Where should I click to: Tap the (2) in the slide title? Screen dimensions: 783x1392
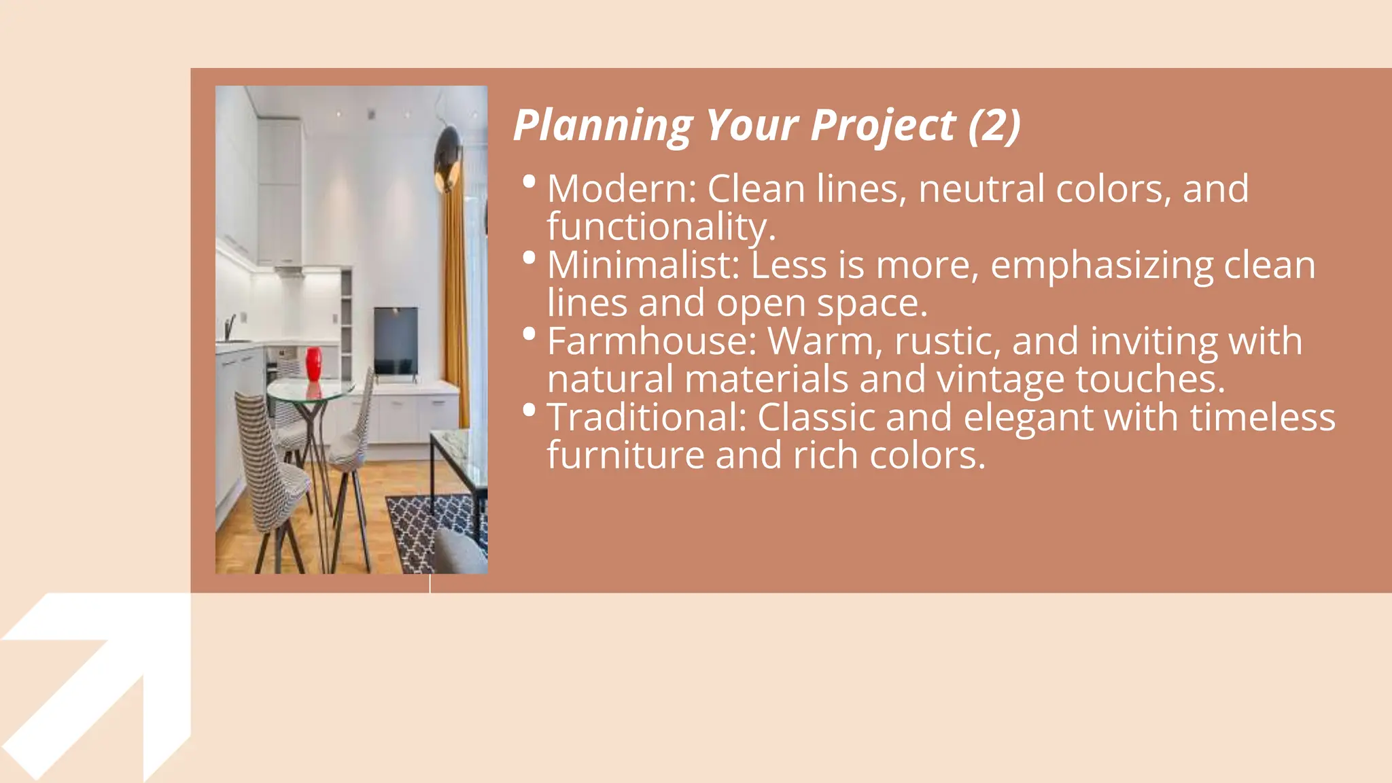point(994,126)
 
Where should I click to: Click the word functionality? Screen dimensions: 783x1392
point(661,226)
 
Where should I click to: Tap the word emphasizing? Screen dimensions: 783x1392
point(1102,266)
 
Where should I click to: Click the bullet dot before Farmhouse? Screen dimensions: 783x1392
point(529,334)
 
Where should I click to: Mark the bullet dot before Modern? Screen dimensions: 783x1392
point(529,181)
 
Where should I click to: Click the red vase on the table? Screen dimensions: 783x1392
point(313,364)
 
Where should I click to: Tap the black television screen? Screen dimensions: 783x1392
point(396,340)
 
